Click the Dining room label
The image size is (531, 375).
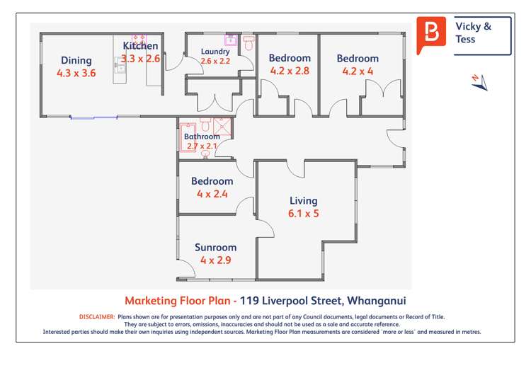click(76, 60)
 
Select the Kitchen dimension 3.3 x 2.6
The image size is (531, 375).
click(141, 59)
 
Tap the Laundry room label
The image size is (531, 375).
click(215, 52)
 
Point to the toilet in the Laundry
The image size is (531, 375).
click(248, 43)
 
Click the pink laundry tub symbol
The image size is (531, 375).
click(230, 40)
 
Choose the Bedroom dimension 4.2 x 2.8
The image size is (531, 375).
click(290, 71)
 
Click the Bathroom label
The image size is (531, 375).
click(202, 137)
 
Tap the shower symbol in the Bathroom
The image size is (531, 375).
click(222, 127)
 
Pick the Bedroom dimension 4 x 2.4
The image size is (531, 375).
click(212, 194)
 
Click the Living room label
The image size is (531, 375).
click(303, 201)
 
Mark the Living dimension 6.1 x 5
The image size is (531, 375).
click(303, 214)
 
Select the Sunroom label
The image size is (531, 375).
click(216, 248)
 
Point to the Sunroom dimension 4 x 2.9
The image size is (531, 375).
click(216, 260)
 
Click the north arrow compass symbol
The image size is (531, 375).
click(480, 82)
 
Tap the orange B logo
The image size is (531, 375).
click(431, 34)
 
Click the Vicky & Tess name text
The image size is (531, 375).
click(474, 33)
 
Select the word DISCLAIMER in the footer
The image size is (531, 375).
click(97, 317)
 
